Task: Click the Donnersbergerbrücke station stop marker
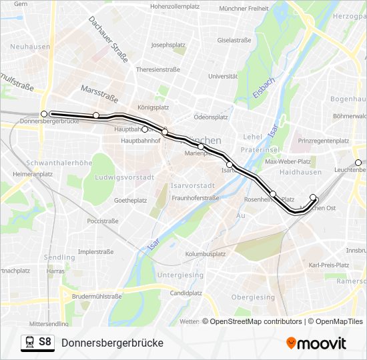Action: pyautogui.click(x=44, y=114)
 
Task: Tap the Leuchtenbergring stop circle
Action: pyautogui.click(x=358, y=163)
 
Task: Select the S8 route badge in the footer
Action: pyautogui.click(x=37, y=342)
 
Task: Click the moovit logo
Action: pyautogui.click(x=316, y=343)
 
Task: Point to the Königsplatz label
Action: pyautogui.click(x=153, y=107)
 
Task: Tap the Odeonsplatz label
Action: pyautogui.click(x=211, y=117)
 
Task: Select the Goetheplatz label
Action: pyautogui.click(x=130, y=200)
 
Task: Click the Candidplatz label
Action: pyautogui.click(x=186, y=293)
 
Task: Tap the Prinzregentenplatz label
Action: pyautogui.click(x=324, y=141)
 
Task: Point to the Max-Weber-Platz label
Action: pyautogui.click(x=288, y=161)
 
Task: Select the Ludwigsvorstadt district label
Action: pyautogui.click(x=125, y=177)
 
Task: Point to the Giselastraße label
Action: pyautogui.click(x=234, y=40)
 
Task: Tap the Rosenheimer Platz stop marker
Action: pyautogui.click(x=273, y=194)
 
